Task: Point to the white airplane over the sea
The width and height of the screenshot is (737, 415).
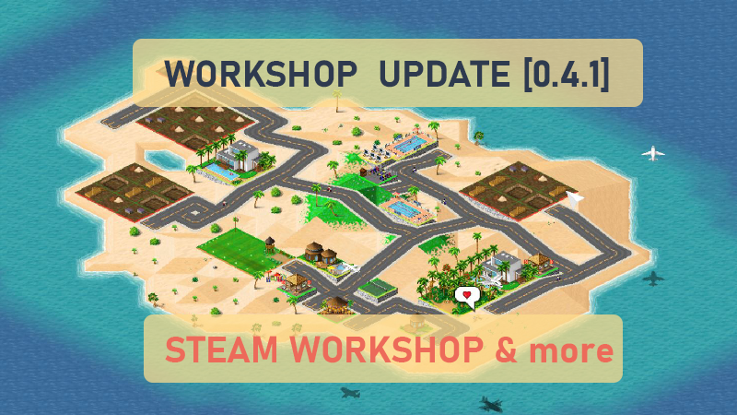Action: (x=653, y=152)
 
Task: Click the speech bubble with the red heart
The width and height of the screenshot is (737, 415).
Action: (x=467, y=296)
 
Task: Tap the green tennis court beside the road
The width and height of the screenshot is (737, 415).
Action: (x=375, y=291)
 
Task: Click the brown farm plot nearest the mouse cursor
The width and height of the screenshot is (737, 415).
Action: (x=511, y=189)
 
